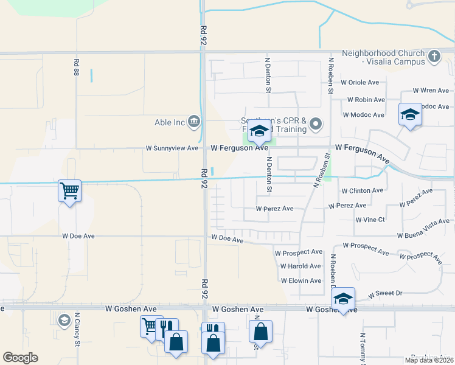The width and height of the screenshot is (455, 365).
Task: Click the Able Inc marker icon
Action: coord(194,122)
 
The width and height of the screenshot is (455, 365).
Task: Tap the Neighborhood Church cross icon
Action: coord(434,57)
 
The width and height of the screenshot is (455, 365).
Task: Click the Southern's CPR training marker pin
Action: coord(315,125)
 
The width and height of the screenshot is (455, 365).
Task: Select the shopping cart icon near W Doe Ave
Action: coord(70,191)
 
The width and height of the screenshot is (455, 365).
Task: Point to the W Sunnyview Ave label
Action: coord(172,148)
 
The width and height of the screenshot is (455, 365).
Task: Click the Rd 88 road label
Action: coord(77,68)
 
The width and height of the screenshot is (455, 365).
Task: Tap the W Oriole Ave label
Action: coord(359,82)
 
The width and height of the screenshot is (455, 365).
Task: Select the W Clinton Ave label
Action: coord(362,190)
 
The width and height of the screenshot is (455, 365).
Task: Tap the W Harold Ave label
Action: coord(300,266)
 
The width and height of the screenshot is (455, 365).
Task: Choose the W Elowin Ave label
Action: coord(300,280)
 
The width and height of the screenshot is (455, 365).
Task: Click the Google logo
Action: coord(20,358)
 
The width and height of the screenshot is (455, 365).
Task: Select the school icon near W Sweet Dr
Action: coord(344,299)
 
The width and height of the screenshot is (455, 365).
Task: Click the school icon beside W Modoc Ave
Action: coord(410,114)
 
